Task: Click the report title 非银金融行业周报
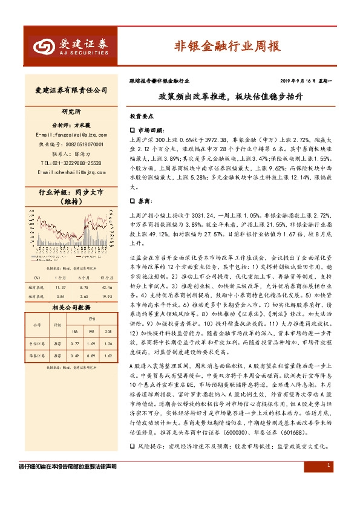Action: [227, 46]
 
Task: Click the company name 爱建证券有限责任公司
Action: [71, 90]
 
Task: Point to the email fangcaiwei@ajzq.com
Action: [71, 134]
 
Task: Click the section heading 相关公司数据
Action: [71, 308]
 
